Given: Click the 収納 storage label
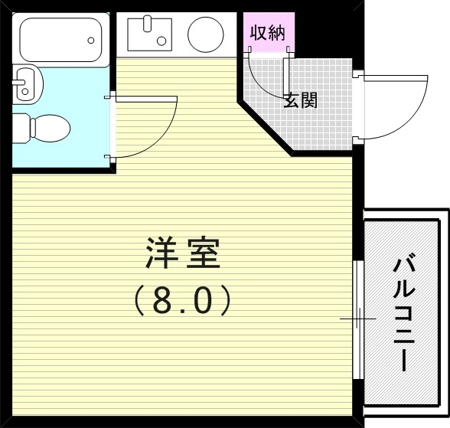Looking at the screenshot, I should [x=266, y=33].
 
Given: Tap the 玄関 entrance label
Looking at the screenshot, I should [x=300, y=100].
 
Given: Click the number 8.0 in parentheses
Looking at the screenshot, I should [x=183, y=301].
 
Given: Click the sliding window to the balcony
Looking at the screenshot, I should [x=358, y=318].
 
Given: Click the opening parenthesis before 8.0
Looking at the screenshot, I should [x=140, y=302].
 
